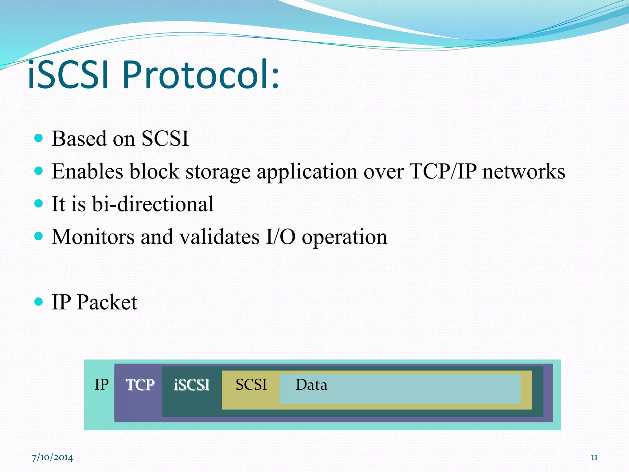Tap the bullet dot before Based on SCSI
tap(38, 138)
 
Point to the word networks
tap(523, 171)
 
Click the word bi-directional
tap(153, 204)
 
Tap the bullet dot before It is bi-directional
tap(38, 203)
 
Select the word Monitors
tap(93, 237)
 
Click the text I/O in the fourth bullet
tap(280, 237)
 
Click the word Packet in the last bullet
tap(107, 302)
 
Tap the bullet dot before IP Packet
tap(38, 301)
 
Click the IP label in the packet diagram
tap(102, 384)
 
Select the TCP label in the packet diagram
tap(140, 385)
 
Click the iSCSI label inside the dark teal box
tap(191, 385)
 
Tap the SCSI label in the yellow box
tap(251, 384)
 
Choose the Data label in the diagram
tap(311, 384)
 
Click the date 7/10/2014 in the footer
tap(52, 458)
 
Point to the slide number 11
tap(594, 458)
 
